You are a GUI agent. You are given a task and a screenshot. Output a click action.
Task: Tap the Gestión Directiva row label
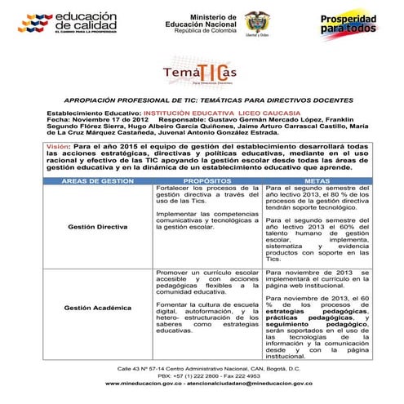click(96, 224)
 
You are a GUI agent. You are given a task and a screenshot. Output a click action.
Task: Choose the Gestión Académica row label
click(97, 308)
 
